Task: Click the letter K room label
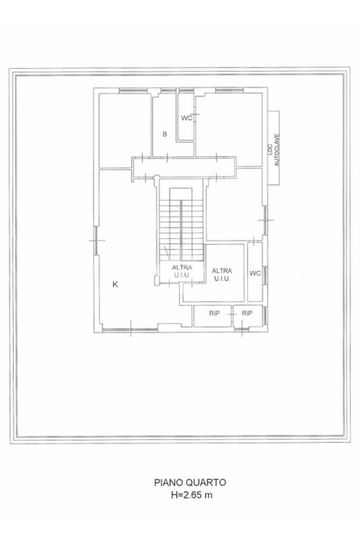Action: point(115,285)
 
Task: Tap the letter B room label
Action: point(164,134)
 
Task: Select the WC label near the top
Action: point(187,118)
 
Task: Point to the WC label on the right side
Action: point(255,273)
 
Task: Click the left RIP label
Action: point(214,313)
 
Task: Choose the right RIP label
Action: point(247,313)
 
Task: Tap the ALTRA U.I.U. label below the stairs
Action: point(182,271)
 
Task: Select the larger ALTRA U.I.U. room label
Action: point(222,275)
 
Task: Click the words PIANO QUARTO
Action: point(190,482)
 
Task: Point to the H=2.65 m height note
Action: point(192,495)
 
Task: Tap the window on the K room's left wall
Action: point(96,240)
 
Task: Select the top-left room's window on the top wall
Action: point(133,91)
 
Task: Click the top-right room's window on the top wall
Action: point(229,91)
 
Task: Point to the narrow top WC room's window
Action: point(186,91)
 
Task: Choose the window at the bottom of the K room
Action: point(130,330)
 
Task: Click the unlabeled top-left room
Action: point(125,131)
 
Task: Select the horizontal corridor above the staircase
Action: point(184,168)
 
